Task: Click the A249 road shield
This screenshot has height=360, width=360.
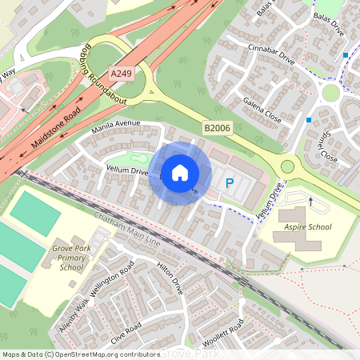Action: point(121,74)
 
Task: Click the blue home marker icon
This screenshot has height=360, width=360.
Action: point(180,172)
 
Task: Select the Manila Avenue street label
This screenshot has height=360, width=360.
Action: point(116,125)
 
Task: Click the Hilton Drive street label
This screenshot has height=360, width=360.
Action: point(170,278)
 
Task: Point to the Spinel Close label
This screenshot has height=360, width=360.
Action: point(326,144)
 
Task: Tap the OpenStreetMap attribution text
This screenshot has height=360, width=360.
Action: point(80,354)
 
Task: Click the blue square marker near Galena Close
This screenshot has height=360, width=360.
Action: point(308,120)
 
